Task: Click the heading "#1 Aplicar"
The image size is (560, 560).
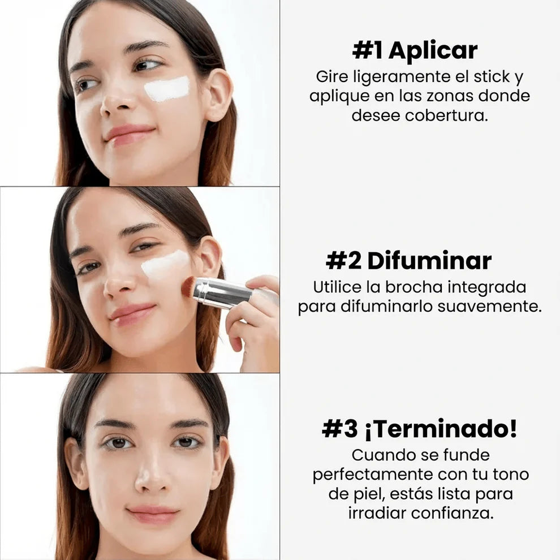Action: coord(415,50)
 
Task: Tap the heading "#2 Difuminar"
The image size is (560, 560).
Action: coord(408,261)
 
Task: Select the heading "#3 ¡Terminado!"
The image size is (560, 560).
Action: coord(419,429)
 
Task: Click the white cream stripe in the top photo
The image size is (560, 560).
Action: coord(167,89)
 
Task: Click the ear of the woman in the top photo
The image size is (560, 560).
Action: coord(218,93)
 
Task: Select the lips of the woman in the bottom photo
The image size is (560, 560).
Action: coord(153,514)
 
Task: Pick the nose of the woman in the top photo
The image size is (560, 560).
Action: coord(118,102)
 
